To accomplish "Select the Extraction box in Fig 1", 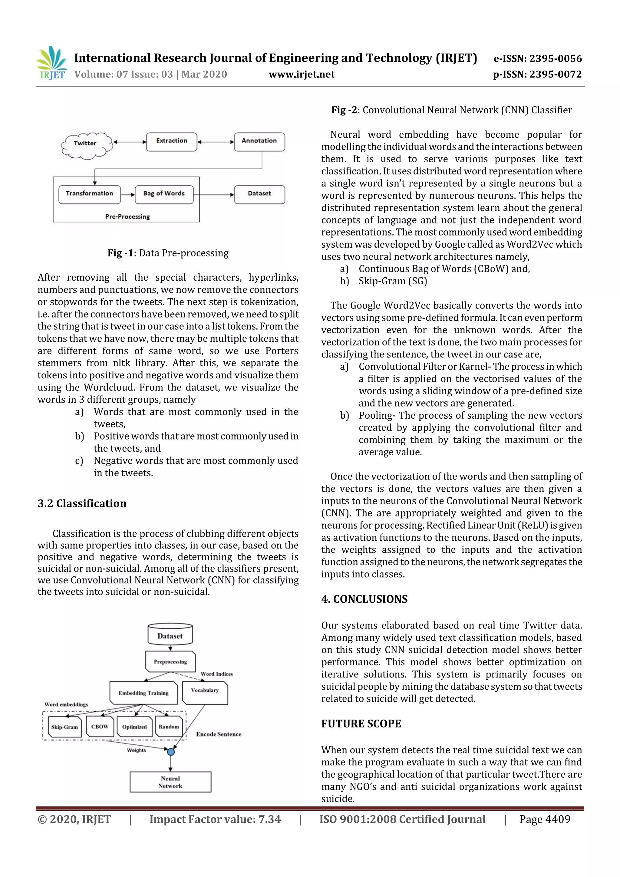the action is (x=172, y=141).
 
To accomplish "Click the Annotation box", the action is (x=259, y=141).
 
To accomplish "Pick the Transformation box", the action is (x=89, y=194).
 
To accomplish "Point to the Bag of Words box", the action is (x=164, y=194).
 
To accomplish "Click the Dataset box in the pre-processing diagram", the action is (x=259, y=194).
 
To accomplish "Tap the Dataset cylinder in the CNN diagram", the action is (x=170, y=635).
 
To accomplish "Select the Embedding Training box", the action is (x=143, y=693).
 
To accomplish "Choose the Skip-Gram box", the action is (x=64, y=727).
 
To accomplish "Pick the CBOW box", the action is (x=100, y=727).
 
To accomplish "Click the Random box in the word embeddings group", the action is (x=168, y=727).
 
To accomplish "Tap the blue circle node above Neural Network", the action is (x=171, y=752).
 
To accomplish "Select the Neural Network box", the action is (x=170, y=782).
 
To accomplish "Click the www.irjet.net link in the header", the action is (x=302, y=74).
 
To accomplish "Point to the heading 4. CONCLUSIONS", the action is (x=364, y=599).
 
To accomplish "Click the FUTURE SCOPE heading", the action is (x=361, y=724).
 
